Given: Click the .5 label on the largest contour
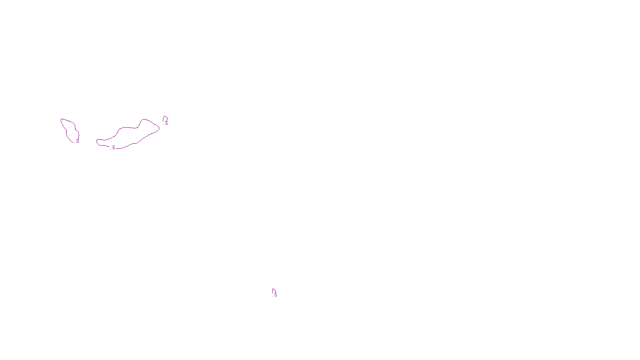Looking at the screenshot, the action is click(113, 148).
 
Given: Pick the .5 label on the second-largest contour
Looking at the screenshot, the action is click(77, 141).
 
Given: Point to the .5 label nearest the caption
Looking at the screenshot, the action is click(275, 295).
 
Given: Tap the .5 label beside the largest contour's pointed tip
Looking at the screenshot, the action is click(166, 123).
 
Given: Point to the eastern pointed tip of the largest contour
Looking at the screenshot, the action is click(159, 128).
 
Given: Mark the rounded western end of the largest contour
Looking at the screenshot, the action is click(97, 141).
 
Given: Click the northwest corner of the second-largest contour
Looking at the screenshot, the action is click(62, 120).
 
